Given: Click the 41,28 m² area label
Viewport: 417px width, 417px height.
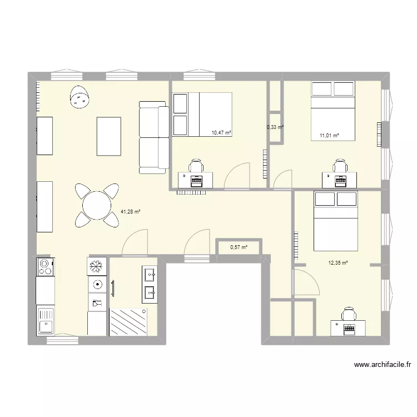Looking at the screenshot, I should [x=130, y=211].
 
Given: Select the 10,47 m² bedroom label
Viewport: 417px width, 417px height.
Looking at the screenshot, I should [x=221, y=133].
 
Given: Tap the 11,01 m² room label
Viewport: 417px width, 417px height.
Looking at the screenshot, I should [x=329, y=135].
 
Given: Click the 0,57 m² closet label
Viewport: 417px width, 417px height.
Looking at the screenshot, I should [x=238, y=247].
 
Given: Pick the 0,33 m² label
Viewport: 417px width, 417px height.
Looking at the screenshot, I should [x=275, y=127].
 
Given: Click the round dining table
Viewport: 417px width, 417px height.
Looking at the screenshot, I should [x=97, y=205].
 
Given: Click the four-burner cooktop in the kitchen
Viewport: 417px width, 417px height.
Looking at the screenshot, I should [x=45, y=267].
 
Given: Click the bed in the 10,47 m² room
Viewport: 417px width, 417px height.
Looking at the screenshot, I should [x=202, y=115].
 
